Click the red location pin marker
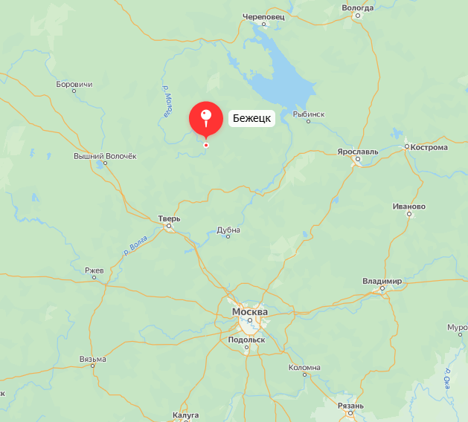tap(206, 118)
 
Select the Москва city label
tap(250, 312)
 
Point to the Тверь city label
tap(169, 218)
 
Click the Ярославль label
tap(358, 152)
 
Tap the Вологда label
tap(357, 7)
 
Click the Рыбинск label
tap(309, 114)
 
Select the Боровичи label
tap(74, 85)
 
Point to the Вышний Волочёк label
tap(106, 156)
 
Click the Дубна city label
tap(228, 230)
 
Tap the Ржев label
tap(94, 270)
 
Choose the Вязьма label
tap(92, 360)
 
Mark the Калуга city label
tap(185, 415)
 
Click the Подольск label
tap(247, 340)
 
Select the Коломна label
tap(304, 368)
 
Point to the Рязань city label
tap(350, 406)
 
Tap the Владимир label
tap(382, 282)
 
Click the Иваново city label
tap(409, 207)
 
